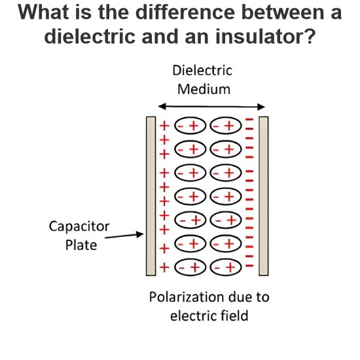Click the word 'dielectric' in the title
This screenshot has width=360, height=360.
click(x=90, y=36)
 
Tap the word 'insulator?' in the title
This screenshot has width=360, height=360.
click(x=265, y=36)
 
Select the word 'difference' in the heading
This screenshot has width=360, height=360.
click(x=185, y=12)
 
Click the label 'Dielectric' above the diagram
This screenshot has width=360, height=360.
click(x=202, y=70)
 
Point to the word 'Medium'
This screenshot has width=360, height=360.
click(x=204, y=89)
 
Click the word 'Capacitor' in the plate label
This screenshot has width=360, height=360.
click(x=79, y=227)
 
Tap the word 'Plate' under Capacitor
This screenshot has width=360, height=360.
click(x=81, y=245)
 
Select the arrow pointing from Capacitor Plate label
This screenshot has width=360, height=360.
click(x=124, y=236)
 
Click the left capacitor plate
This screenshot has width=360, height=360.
click(x=151, y=196)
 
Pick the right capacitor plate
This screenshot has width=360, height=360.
click(x=264, y=196)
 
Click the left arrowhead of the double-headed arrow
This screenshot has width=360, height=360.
click(x=162, y=106)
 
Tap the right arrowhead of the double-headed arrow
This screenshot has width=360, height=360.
click(x=261, y=107)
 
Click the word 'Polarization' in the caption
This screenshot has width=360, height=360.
click(x=185, y=297)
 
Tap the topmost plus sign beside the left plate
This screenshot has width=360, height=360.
click(x=164, y=126)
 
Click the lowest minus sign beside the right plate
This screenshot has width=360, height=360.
click(x=249, y=266)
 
